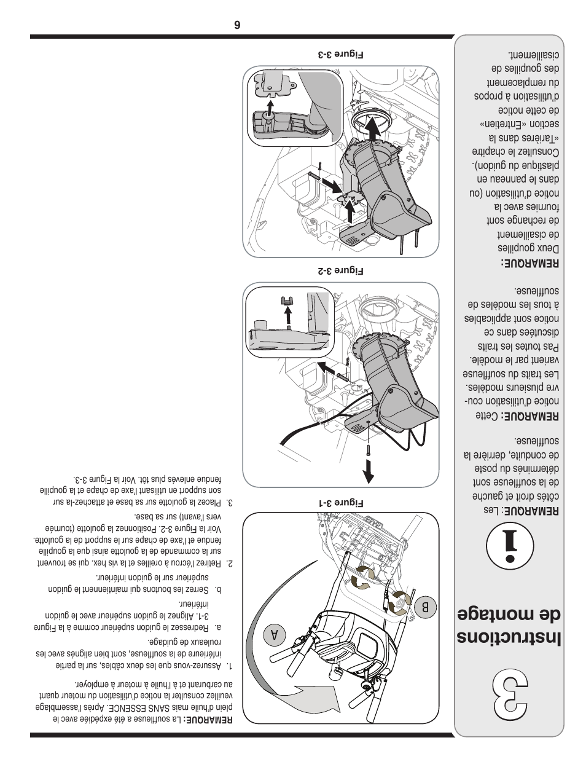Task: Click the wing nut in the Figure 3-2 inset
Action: pyautogui.click(x=286, y=301)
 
